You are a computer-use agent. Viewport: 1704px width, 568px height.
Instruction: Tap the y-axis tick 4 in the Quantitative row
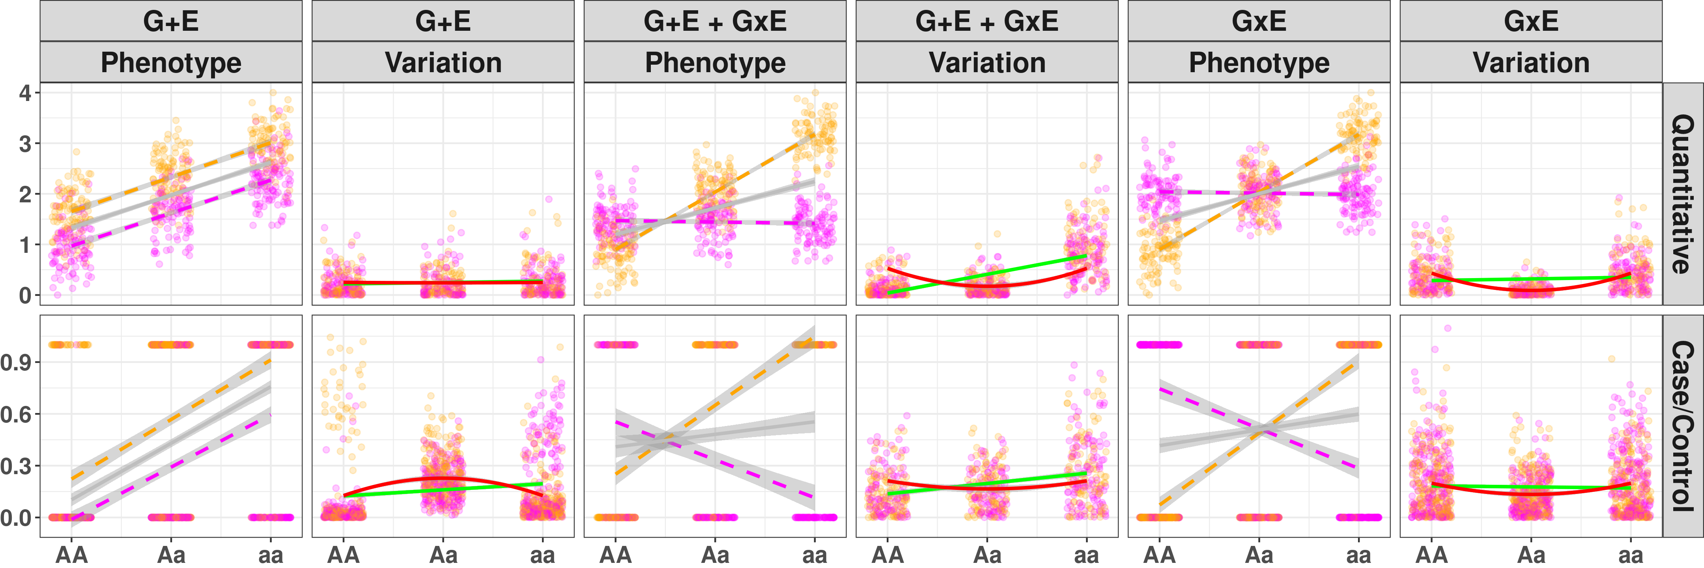25,93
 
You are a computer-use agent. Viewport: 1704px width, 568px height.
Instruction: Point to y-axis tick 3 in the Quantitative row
25,144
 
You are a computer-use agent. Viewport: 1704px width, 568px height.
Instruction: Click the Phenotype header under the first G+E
171,63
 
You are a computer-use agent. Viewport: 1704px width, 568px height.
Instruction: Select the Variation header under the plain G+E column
443,63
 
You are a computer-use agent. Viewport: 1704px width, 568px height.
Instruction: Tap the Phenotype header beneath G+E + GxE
715,63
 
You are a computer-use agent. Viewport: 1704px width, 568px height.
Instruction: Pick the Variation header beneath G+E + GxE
987,63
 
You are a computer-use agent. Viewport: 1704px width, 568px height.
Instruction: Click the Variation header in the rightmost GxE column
1531,63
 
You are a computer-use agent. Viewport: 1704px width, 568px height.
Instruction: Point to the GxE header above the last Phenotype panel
1259,21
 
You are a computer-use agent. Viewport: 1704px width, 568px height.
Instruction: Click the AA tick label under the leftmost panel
71,554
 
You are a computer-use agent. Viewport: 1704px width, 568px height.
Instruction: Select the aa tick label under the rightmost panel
1631,554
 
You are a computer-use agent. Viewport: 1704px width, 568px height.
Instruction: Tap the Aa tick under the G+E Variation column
443,554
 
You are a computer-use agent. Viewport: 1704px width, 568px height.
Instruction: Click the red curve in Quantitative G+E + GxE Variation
987,286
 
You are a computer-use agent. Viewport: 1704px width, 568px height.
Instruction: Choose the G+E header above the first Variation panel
443,21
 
